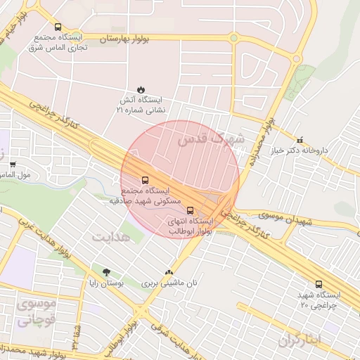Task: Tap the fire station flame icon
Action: click(141, 89)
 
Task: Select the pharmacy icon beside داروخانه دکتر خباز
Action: click(301, 139)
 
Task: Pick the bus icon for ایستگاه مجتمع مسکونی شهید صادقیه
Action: click(145, 180)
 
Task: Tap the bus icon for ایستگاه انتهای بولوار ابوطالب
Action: click(190, 210)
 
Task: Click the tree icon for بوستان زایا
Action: click(106, 272)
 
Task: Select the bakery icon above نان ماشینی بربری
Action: click(167, 273)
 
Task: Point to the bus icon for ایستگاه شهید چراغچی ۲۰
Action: click(319, 285)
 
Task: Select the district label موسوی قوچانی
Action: click(33, 314)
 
